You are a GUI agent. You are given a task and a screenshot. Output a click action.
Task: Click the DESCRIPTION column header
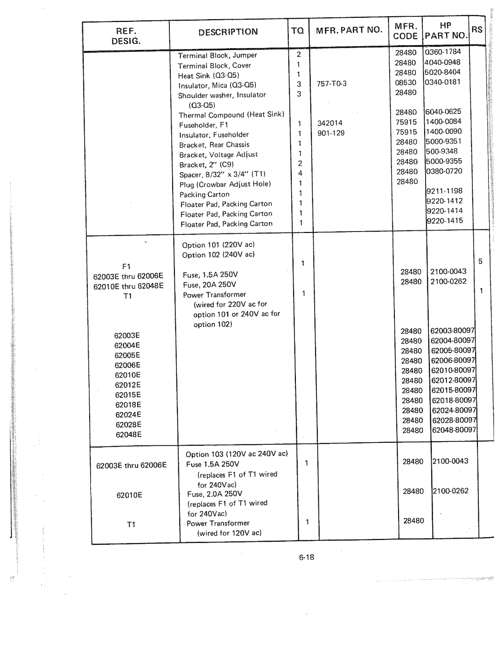(228, 32)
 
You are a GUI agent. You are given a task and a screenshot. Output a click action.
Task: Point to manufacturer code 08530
(406, 83)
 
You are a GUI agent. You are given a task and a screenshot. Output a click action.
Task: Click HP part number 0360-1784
(443, 52)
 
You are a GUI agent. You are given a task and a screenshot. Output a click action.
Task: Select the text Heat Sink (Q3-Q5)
(209, 76)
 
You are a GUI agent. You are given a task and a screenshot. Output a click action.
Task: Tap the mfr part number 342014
(330, 123)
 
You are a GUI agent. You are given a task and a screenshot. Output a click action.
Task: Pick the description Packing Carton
(204, 194)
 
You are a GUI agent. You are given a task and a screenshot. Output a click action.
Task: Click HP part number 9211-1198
(444, 190)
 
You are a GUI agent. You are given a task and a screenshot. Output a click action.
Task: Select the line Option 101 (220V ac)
(218, 245)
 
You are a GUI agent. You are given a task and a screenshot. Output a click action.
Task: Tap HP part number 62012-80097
(453, 380)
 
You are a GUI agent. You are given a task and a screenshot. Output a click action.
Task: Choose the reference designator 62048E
(128, 435)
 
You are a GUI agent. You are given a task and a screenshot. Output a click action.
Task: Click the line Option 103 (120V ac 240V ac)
(237, 454)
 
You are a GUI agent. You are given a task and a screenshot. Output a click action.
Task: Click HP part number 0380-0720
(444, 171)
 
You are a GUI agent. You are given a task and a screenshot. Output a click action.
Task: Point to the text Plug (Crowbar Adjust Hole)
(225, 184)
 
